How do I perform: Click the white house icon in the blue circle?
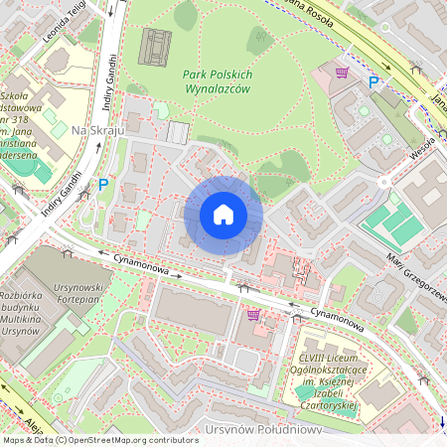(x=223, y=215)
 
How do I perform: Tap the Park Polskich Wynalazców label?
(x=218, y=82)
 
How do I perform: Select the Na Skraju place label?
(x=97, y=130)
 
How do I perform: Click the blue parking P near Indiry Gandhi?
(x=103, y=184)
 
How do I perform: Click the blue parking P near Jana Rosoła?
(x=373, y=83)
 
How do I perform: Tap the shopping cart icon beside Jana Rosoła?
(x=343, y=72)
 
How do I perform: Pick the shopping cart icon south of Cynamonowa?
(x=254, y=314)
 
